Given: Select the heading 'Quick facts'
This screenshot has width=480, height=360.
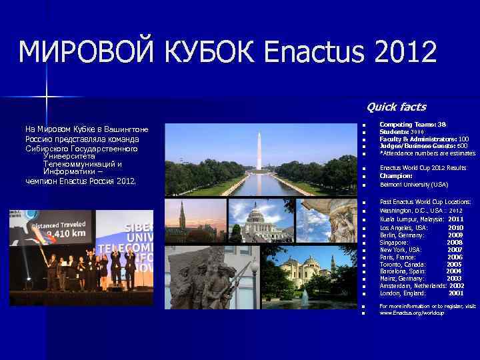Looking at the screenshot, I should (396, 107).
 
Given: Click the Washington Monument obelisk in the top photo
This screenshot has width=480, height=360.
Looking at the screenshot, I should (259, 149).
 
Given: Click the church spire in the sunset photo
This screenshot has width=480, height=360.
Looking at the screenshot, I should (182, 217).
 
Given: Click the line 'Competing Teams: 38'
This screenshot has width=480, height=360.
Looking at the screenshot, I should (412, 125).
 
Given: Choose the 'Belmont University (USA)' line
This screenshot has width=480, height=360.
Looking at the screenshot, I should (413, 184).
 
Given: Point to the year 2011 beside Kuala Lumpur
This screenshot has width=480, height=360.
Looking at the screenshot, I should (455, 219).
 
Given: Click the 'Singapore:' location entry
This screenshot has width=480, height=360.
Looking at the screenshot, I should (394, 243).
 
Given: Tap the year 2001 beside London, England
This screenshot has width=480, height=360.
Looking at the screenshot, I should (455, 293).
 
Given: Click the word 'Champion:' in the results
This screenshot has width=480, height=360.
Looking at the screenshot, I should (396, 176).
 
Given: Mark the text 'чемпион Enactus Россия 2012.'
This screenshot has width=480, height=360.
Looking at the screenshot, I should (80, 181).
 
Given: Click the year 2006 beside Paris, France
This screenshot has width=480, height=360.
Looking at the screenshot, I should (455, 257).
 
